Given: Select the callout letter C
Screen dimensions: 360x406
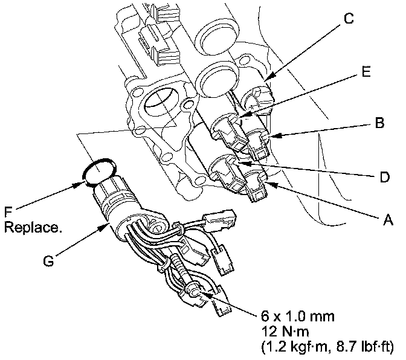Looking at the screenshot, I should (348, 19).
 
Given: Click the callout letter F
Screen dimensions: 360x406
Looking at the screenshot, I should (8, 213).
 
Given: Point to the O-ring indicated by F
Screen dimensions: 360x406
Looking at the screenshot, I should (96, 172).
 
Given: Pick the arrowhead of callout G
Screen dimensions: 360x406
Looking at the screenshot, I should (108, 224).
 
